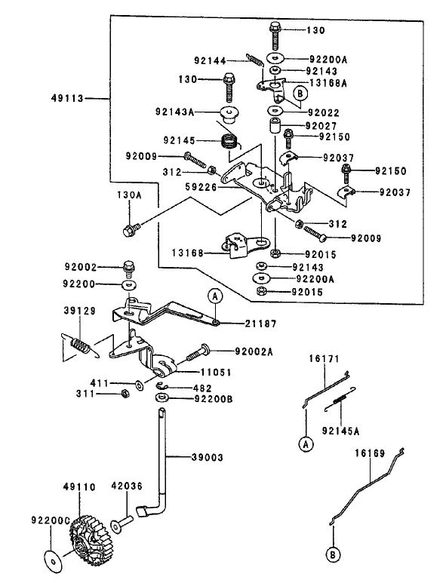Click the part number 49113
pyautogui.click(x=67, y=99)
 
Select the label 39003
pyautogui.click(x=208, y=457)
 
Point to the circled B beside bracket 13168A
pyautogui.click(x=300, y=93)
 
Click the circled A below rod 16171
pyautogui.click(x=306, y=444)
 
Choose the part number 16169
pyautogui.click(x=370, y=453)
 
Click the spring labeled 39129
pyautogui.click(x=81, y=345)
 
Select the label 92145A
pyautogui.click(x=341, y=431)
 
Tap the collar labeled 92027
pyautogui.click(x=275, y=125)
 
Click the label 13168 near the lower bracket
pyautogui.click(x=187, y=253)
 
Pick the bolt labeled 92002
pyautogui.click(x=129, y=269)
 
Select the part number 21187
pyautogui.click(x=261, y=324)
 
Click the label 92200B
pyautogui.click(x=214, y=399)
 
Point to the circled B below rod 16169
pyautogui.click(x=333, y=555)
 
